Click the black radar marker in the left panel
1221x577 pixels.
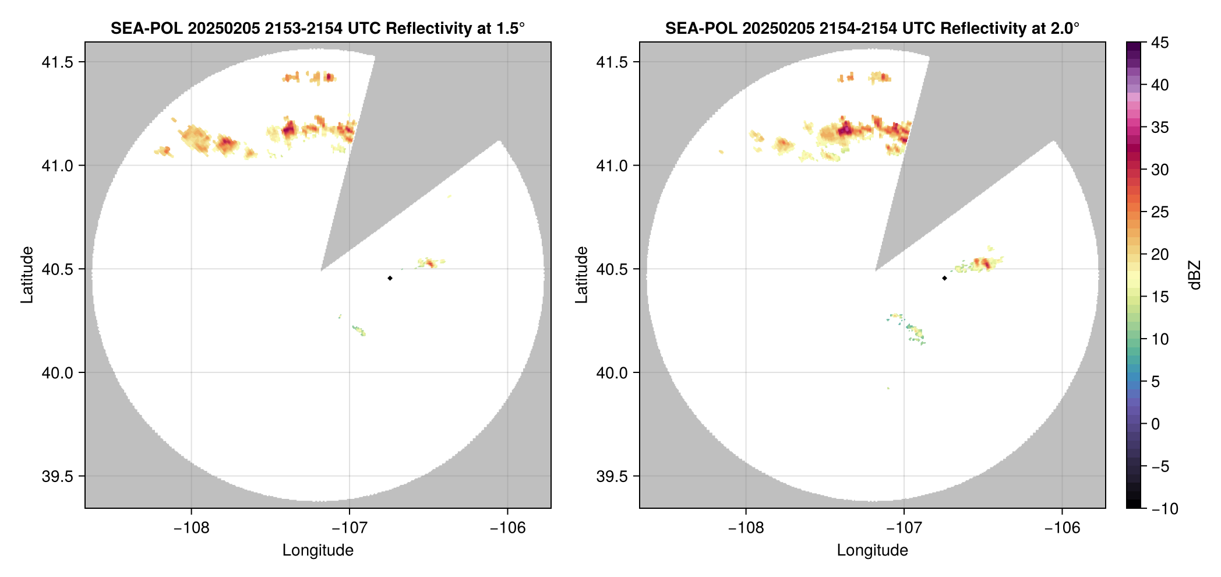click(x=390, y=278)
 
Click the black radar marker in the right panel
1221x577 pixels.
click(x=944, y=278)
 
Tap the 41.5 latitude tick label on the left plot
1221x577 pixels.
click(x=58, y=62)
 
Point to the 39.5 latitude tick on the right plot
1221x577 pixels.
click(x=612, y=476)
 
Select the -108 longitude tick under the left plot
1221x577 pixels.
click(x=191, y=527)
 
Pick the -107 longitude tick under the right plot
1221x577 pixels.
click(x=904, y=527)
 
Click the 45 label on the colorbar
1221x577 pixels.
click(x=1160, y=43)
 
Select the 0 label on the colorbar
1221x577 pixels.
click(x=1156, y=424)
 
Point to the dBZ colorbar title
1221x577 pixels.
click(x=1195, y=275)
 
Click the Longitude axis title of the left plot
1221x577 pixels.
click(x=318, y=550)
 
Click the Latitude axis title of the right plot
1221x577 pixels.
click(x=581, y=275)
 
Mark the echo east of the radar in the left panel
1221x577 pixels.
click(x=429, y=263)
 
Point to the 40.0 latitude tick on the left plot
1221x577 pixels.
click(x=58, y=372)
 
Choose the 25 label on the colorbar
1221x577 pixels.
click(x=1160, y=212)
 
